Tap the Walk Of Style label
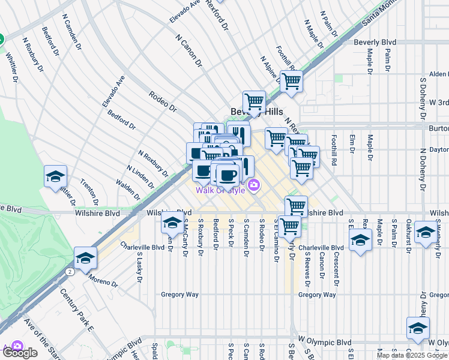point(220,190)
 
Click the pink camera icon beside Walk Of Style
point(254,185)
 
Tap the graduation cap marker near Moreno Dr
point(85,257)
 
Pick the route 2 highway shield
point(71,272)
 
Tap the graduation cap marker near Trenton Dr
point(55,176)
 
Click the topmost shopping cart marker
point(291,80)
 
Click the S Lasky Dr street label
point(139,264)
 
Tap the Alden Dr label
point(438,74)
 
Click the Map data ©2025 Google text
point(411,355)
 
